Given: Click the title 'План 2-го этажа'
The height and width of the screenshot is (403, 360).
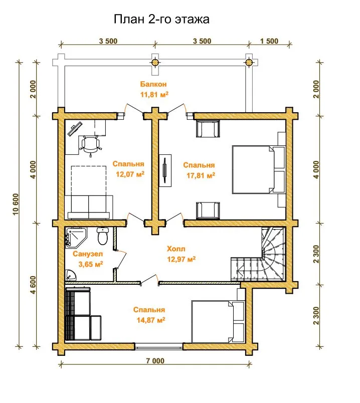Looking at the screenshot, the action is [x=161, y=19].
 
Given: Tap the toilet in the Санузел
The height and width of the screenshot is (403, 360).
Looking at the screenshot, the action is [x=103, y=236].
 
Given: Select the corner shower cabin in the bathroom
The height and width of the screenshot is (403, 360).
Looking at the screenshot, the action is [x=76, y=237].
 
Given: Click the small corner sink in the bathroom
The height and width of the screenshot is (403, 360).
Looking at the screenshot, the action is [x=70, y=275].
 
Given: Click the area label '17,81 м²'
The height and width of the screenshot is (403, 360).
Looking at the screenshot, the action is [x=201, y=175].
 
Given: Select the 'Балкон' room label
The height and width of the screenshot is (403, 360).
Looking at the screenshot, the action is [x=153, y=84].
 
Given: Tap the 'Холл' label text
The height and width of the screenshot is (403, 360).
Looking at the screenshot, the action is [x=176, y=249].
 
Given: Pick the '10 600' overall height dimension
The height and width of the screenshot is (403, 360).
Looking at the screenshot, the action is [x=16, y=205].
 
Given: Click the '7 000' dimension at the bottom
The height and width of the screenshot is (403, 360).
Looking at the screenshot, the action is [x=155, y=361].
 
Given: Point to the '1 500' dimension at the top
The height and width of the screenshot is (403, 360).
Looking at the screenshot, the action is [x=269, y=41].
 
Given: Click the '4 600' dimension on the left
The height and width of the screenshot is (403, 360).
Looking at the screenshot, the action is [x=33, y=285].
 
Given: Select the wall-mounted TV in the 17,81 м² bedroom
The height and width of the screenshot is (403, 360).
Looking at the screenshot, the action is [x=165, y=170].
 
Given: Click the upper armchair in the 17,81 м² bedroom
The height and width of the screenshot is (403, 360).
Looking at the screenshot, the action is [x=208, y=128].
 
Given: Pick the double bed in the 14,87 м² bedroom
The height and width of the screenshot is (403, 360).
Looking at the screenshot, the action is [x=218, y=322].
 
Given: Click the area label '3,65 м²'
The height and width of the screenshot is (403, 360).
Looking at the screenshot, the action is [x=91, y=264].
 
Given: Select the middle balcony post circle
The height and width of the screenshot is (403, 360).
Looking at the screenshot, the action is [x=155, y=62].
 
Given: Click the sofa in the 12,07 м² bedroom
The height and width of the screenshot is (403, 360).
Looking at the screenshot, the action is [x=89, y=207].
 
